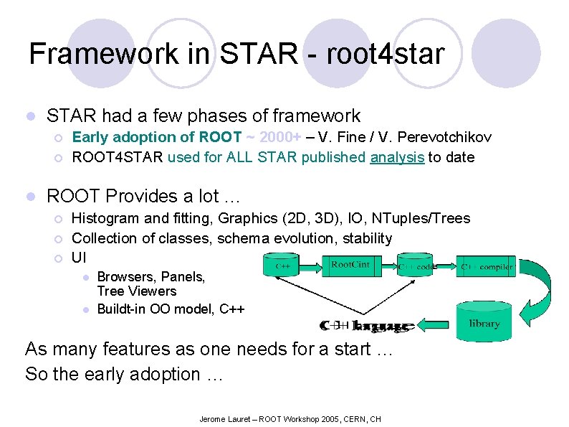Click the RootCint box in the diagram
click(x=350, y=266)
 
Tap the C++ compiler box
click(x=487, y=267)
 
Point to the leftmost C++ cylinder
click(x=283, y=266)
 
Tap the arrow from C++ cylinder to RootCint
click(x=309, y=266)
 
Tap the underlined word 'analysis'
click(x=397, y=157)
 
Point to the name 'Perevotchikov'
click(x=445, y=137)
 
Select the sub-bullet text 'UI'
click(x=80, y=257)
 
